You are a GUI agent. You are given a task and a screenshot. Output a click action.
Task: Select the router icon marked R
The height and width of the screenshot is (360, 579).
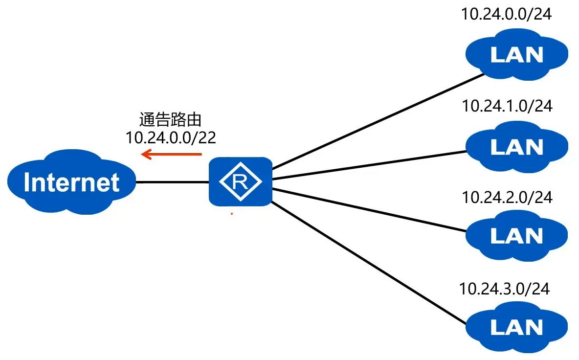coord(240,181)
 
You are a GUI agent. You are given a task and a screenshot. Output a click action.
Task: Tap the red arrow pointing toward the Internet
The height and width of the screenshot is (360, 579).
coord(171,155)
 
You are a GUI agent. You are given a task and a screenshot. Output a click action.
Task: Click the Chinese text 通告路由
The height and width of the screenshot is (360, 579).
coord(170,120)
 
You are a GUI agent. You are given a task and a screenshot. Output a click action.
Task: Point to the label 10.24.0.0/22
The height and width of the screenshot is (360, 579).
coord(171,137)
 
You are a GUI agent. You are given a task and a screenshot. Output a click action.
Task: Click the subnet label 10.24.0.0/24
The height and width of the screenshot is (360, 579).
coord(506,14)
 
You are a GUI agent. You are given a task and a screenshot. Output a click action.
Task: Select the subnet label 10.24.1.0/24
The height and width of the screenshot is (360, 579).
coord(507,106)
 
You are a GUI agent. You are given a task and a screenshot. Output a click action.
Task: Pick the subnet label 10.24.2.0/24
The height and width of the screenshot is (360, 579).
coord(507,197)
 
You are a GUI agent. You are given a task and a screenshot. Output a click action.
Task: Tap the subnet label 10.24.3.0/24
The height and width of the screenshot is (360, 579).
coord(504,289)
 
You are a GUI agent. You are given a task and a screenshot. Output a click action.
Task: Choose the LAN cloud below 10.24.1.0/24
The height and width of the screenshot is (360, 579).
coord(516,146)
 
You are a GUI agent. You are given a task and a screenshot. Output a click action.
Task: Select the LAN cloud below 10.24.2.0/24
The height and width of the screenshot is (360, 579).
coord(516,237)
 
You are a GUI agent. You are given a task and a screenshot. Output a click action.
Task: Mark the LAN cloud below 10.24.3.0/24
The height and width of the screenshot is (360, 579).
coord(516,328)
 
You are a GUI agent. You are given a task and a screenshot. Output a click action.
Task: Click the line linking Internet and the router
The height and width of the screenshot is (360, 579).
coord(172,182)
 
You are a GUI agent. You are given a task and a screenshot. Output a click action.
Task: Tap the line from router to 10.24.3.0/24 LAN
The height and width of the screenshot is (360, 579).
coord(367,263)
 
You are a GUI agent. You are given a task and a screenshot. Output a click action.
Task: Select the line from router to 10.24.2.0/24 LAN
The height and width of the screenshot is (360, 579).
coord(367,210)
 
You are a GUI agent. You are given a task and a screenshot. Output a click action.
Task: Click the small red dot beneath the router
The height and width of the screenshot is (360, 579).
coord(232,214)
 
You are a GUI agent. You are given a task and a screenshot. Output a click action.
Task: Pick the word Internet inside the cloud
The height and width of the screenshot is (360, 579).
coord(71,182)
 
